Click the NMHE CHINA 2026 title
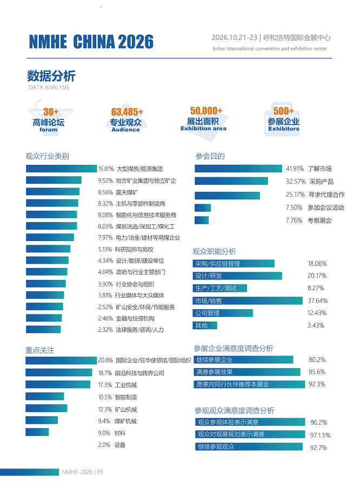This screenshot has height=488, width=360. coord(91,42)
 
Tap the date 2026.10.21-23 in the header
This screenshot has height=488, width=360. coord(235,38)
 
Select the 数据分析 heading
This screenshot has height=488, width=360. coord(51,76)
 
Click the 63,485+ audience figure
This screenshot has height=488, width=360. coord(127,112)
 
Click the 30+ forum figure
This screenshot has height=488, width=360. coord(51,112)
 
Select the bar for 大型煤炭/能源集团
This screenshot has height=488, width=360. coord(61,169)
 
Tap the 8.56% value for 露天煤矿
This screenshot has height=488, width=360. coord(105,192)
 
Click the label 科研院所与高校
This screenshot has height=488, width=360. coord(134,249)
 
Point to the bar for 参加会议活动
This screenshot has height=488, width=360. coord(203,208)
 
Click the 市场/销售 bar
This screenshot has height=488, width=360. coord(248,300)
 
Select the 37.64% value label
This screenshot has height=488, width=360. coord(317,300)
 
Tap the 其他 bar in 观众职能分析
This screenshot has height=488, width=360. coord(205,325)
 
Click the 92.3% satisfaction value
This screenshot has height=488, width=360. coord(317,384)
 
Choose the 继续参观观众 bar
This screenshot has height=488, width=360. coord(249,446)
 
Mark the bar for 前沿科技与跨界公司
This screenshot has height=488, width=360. coord(59,372)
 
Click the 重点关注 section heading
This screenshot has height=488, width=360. coord(40,350)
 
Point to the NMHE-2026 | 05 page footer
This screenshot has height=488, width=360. coord(82,472)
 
